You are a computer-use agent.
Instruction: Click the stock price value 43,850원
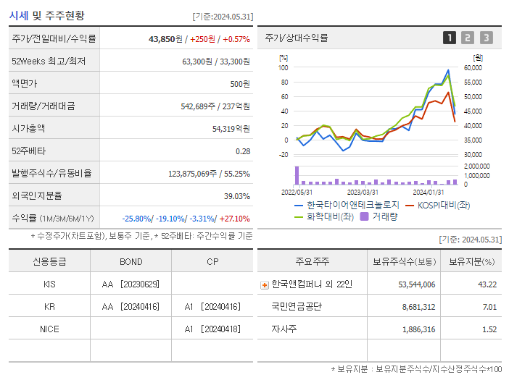pos(164,39)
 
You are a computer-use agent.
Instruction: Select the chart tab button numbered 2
pos(468,38)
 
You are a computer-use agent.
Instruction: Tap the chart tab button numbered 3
pos(486,38)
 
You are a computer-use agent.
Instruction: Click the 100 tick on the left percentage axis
pos(284,68)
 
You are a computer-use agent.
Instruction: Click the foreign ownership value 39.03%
pos(236,196)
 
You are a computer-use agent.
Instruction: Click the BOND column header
pos(131,261)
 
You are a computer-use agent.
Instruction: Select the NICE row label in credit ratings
pos(49,329)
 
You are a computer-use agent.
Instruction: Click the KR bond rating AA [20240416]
pos(131,306)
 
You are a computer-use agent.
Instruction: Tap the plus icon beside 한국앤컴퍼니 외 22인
pos(264,284)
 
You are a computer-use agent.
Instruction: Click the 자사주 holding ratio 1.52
pos(489,329)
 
